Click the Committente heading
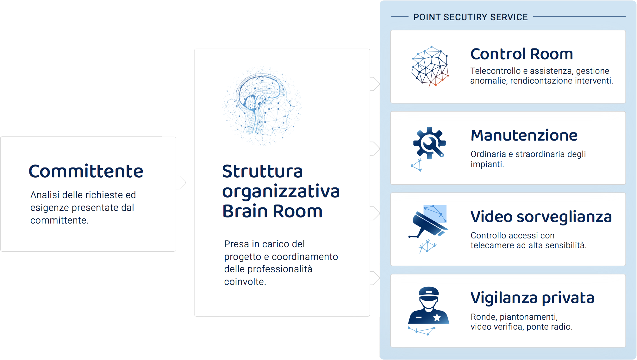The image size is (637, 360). pos(86,171)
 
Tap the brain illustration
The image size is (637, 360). pos(262,105)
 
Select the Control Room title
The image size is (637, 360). pos(521,54)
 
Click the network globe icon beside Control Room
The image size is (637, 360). pos(430,66)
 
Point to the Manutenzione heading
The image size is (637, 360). pos(524,136)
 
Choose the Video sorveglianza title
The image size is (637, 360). pos(541,217)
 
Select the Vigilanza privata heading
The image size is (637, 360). pos(532,299)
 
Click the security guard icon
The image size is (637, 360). pos(428,310)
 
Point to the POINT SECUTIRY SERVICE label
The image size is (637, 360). pos(471,17)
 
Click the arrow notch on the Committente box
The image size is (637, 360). pos(181,182)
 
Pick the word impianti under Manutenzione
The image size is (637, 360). pos(487,164)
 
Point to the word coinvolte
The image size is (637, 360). pos(245,281)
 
